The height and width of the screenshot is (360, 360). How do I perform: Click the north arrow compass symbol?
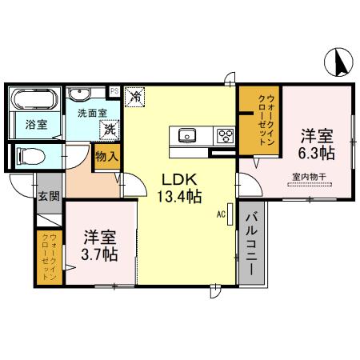click(x=340, y=63)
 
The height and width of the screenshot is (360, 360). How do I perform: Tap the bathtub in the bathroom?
click(x=33, y=101)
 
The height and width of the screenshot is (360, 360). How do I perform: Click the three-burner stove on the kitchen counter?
click(x=225, y=134)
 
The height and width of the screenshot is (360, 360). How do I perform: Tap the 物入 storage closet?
click(x=106, y=157)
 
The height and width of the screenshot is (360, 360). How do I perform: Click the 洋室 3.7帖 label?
click(x=100, y=246)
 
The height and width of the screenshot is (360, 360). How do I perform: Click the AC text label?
click(x=220, y=214)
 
